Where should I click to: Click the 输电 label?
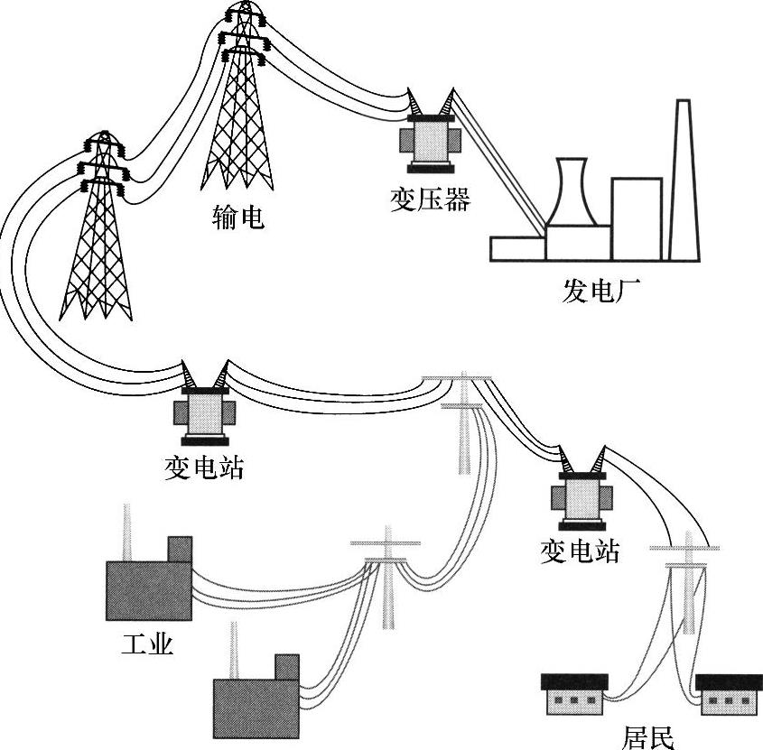238,217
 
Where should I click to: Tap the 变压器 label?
431,199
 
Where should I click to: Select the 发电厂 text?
602,291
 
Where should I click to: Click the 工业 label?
147,644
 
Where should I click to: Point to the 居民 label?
648,738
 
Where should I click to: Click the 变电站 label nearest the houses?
580,551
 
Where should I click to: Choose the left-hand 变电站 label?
204,468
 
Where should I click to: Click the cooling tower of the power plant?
572,191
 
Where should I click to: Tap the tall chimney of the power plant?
684,181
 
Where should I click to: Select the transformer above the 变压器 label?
431,131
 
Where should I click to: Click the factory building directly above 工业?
149,579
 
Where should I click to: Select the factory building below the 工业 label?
256,697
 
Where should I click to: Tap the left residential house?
574,694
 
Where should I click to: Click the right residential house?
729,694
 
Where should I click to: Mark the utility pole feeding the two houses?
685,583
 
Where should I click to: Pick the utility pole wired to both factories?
386,578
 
